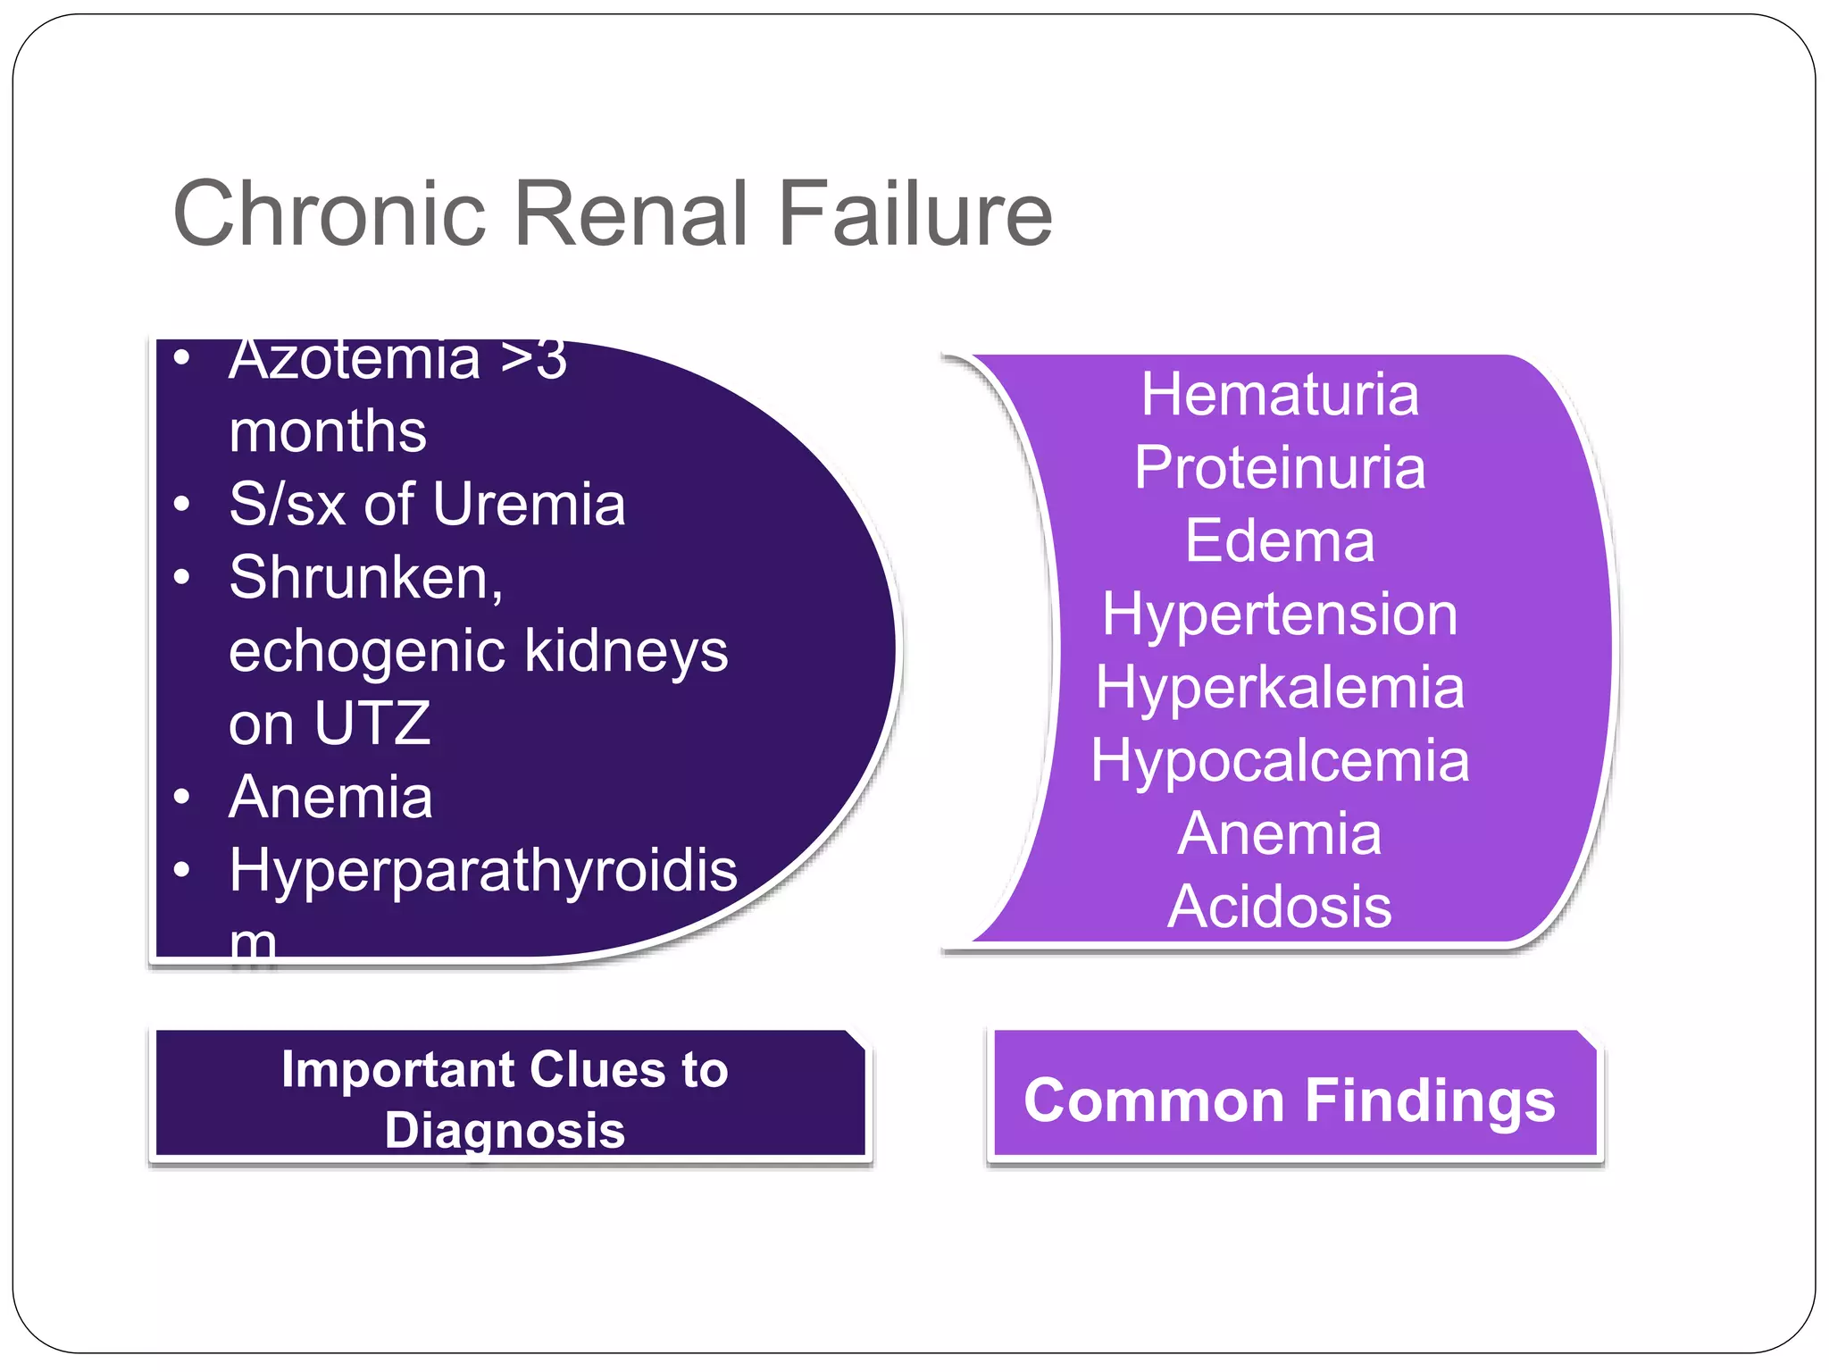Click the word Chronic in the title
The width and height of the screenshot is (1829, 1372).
tap(329, 214)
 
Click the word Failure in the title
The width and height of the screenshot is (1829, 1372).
tap(915, 214)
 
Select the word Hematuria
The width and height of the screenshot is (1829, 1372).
tap(1279, 395)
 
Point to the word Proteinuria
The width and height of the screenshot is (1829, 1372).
tap(1279, 468)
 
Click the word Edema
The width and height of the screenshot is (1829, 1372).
tap(1279, 541)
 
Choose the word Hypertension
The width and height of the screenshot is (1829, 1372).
tap(1279, 615)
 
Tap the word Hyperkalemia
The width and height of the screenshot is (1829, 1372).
tap(1279, 688)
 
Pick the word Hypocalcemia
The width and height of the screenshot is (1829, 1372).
tap(1279, 761)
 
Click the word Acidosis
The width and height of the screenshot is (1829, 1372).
tap(1279, 908)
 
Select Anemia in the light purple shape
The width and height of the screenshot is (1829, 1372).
tap(1279, 834)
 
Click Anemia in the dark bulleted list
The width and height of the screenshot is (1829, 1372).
tap(330, 797)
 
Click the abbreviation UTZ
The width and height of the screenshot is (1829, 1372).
tap(372, 724)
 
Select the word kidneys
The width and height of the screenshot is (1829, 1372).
tap(625, 651)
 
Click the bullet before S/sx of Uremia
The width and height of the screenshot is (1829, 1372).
tap(182, 505)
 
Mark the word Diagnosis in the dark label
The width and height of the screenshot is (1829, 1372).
tap(505, 1130)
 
